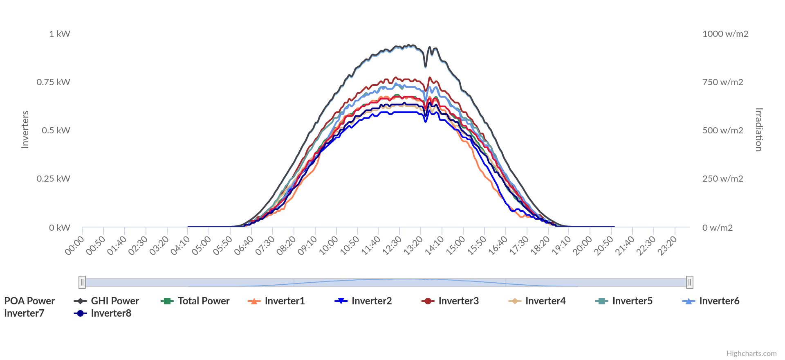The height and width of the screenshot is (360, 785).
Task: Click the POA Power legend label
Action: click(29, 301)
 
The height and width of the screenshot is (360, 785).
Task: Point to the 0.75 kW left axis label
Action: click(54, 82)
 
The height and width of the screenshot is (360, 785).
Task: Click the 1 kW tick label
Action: click(60, 34)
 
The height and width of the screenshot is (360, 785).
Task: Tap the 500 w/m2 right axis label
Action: click(722, 130)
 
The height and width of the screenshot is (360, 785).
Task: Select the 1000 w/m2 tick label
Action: click(725, 34)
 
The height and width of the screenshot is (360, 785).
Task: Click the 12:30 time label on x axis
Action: click(392, 245)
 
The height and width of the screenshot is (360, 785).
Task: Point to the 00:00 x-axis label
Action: click(74, 245)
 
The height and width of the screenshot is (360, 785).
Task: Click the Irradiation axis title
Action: click(759, 130)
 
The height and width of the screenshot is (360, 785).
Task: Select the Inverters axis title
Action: click(25, 130)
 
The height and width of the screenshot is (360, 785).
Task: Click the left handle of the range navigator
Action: click(82, 282)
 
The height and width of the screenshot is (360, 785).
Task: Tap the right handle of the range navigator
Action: click(690, 282)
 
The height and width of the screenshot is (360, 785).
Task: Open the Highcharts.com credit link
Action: click(751, 353)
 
